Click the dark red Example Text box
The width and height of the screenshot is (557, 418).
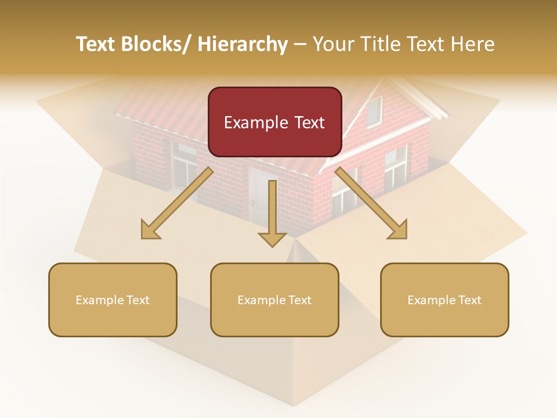(274, 122)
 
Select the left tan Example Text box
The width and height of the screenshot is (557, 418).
(113, 300)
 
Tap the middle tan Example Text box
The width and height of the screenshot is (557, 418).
(274, 300)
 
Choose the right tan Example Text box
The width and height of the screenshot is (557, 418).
(444, 300)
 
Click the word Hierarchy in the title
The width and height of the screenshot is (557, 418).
(243, 44)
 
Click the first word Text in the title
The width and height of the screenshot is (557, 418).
(97, 44)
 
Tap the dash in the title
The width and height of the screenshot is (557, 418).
(301, 45)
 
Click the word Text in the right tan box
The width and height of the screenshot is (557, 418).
(470, 300)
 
